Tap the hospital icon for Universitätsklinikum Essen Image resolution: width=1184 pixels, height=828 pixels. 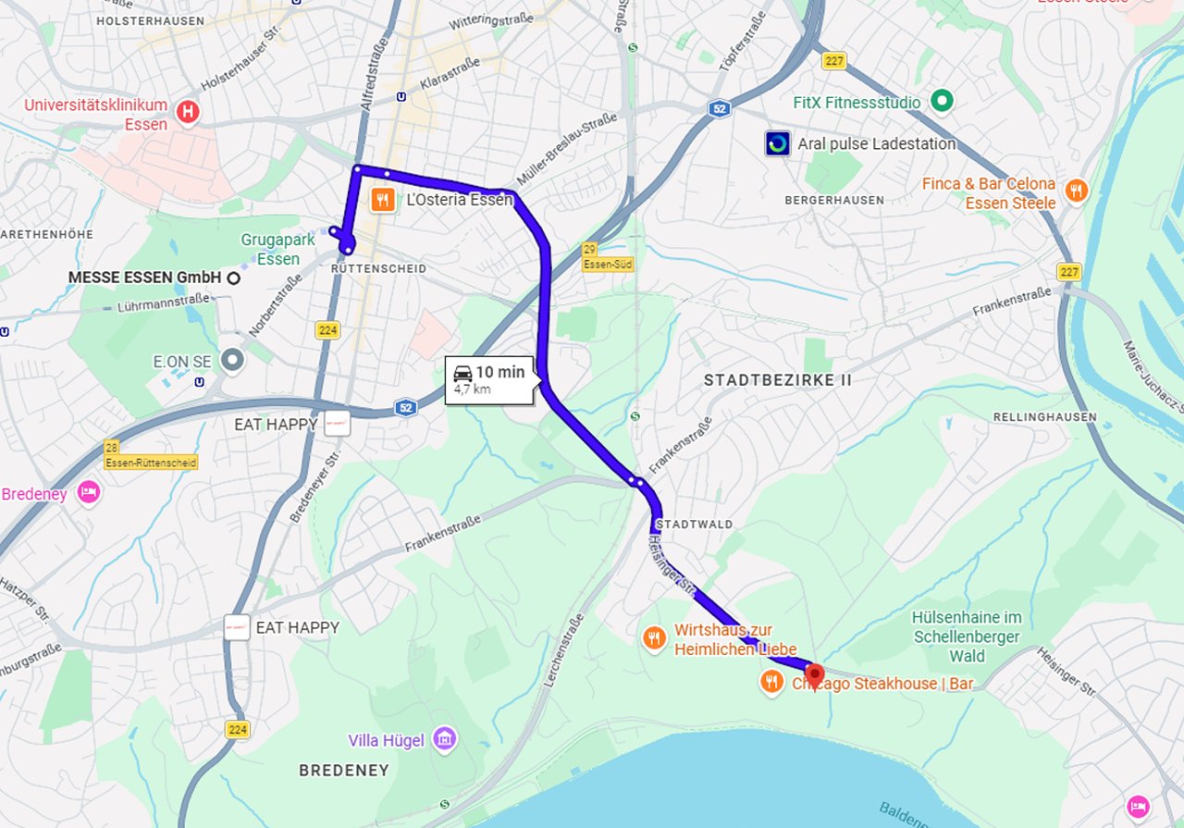pos(189,112)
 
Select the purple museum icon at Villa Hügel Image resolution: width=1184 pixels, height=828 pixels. pos(446,738)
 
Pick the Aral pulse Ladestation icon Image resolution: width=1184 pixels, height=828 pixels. pos(778,143)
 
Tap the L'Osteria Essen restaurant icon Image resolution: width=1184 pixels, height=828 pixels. pos(380,199)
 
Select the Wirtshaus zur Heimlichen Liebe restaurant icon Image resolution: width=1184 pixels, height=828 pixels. pos(655,637)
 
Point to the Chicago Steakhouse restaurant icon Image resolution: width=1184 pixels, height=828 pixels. pos(771,683)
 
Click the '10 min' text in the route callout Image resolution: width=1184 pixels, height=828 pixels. pos(499,372)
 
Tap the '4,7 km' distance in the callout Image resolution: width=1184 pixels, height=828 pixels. pos(472,389)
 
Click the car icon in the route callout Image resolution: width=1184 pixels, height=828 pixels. pos(463,373)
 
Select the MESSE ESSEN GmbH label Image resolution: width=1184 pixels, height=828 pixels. pos(145,277)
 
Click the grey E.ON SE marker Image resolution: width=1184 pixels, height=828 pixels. pos(232,360)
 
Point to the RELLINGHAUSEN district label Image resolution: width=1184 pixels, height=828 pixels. pos(1044,417)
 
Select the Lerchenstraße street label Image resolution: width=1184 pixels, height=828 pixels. pos(564,660)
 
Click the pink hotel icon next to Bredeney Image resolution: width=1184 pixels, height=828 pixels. pos(89,492)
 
